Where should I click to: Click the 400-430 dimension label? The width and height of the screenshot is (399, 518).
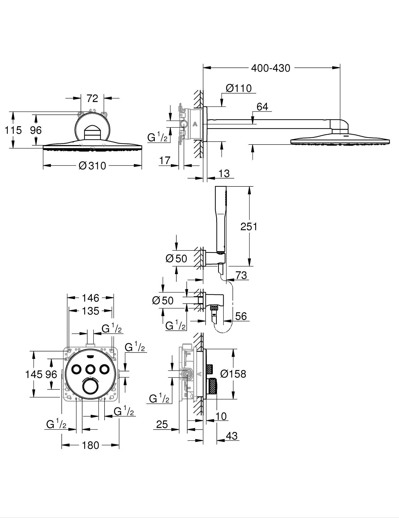271,69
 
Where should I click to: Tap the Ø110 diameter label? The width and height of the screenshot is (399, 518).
239,88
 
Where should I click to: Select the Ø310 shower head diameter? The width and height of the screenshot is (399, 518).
92,166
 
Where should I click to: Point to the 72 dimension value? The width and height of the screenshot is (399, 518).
92,99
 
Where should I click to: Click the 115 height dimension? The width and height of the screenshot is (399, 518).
13,130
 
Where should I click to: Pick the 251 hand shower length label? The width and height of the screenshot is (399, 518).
249,227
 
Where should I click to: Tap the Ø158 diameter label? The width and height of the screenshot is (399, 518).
233,374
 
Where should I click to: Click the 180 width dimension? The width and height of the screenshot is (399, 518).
90,445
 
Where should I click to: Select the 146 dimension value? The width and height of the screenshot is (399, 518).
90,298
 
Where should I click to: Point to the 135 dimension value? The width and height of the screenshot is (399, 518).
90,311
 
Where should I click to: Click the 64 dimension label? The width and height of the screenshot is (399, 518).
262,107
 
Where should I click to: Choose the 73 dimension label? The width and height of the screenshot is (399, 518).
241,275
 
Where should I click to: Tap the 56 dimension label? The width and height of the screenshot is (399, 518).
241,316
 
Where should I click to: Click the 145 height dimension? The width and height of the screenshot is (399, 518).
34,375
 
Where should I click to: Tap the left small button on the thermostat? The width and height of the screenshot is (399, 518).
77,369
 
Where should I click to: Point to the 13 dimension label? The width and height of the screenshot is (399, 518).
224,174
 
